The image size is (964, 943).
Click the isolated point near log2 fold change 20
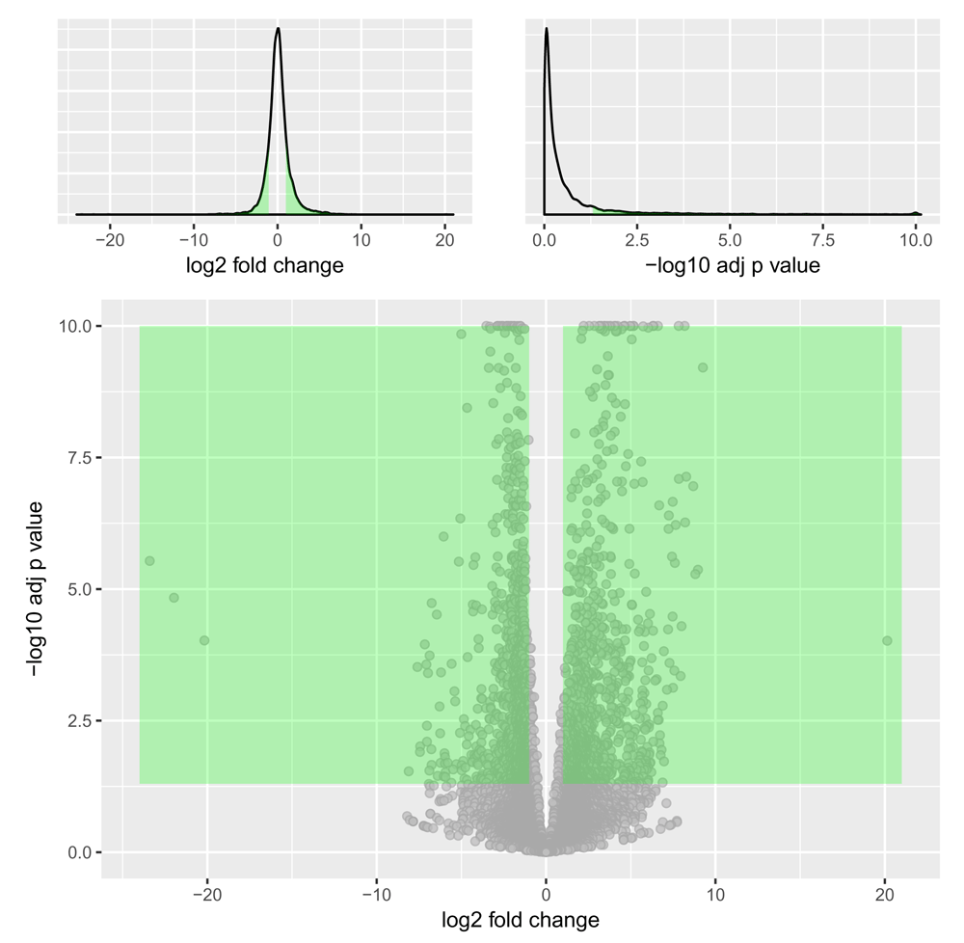click(887, 640)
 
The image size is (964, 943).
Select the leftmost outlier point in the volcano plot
click(149, 560)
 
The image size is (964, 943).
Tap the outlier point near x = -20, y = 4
click(204, 640)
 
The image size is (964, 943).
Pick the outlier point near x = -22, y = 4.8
click(174, 598)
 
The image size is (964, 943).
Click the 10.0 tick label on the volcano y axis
click(75, 326)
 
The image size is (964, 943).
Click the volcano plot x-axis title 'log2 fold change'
click(520, 920)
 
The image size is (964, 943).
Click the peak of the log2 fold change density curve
click(278, 28)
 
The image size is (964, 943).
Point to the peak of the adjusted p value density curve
click(546, 28)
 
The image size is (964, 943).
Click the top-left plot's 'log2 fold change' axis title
click(265, 265)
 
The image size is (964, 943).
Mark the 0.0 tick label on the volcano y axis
click(79, 852)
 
